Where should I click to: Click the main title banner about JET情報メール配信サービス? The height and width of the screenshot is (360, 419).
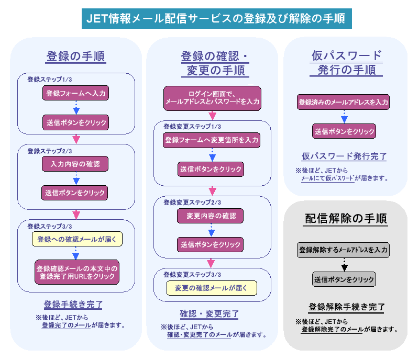(217, 19)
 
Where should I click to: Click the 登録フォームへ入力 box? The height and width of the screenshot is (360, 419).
(76, 94)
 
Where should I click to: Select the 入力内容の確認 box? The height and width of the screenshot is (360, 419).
(76, 164)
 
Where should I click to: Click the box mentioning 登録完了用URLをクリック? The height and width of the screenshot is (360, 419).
(76, 272)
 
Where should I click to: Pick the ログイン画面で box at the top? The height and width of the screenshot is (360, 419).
(212, 98)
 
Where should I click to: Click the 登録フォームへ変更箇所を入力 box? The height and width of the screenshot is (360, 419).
(212, 140)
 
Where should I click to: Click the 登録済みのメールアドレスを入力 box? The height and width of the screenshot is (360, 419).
(344, 102)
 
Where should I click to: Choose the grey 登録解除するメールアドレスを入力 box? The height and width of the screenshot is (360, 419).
(344, 250)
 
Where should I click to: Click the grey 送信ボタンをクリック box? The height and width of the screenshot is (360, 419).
(344, 279)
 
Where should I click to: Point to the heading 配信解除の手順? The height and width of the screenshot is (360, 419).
(346, 218)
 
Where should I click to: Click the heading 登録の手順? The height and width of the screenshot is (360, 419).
(76, 56)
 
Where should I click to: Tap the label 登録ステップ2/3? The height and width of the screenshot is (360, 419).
(50, 151)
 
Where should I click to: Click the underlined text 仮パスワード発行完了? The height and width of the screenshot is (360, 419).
(344, 155)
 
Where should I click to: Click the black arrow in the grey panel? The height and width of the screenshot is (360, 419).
(344, 265)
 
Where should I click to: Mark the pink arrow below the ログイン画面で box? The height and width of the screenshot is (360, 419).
(212, 115)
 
